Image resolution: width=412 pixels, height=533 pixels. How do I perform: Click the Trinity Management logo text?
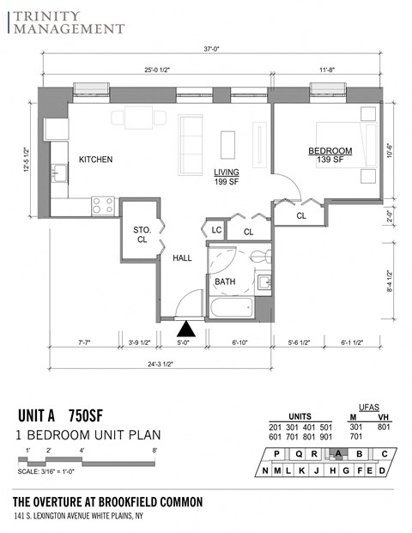coord(67,21)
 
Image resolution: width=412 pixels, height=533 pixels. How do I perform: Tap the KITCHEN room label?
coord(95,160)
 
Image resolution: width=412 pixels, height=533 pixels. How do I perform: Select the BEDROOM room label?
coord(330,151)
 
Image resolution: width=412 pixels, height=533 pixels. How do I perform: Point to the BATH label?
coord(225,281)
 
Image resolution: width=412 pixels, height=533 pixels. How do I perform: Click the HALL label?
coord(183,257)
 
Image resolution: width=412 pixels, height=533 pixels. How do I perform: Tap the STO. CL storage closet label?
coord(142,234)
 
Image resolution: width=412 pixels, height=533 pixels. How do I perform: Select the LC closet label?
coord(216,231)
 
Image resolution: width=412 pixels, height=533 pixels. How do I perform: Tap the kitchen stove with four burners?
coord(103,205)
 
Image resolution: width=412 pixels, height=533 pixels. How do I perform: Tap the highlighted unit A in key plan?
coord(339,454)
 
